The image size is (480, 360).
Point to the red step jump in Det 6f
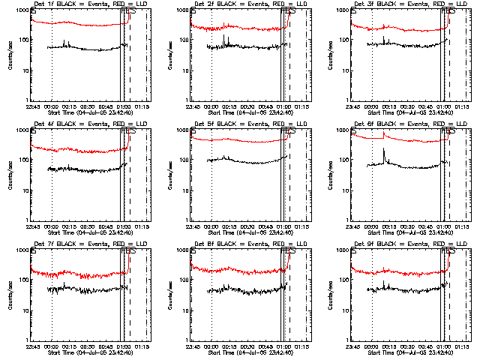tap(383, 135)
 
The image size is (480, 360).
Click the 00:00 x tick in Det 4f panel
tap(52, 226)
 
